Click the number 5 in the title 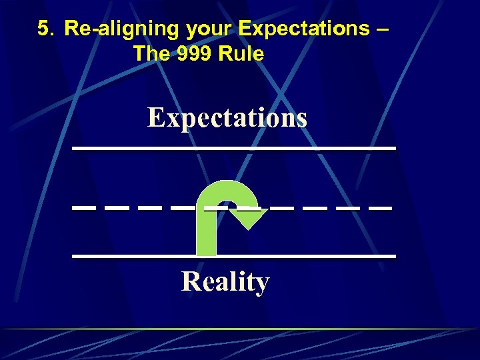pos(43,29)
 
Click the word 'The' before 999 pos(147,53)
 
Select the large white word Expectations pos(227,118)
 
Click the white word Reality pos(225,281)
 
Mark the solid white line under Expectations pos(233,147)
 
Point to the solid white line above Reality pos(233,255)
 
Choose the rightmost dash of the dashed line pos(380,209)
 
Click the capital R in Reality pos(191,281)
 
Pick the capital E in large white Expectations pos(156,118)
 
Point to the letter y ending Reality pos(262,284)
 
